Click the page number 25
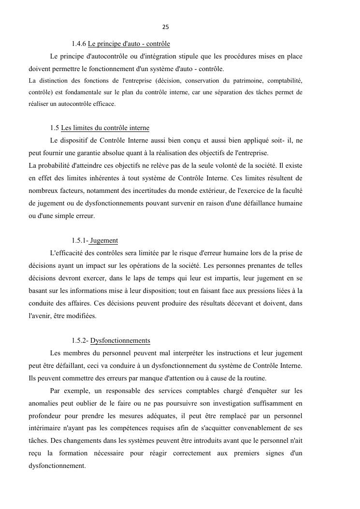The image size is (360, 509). point(166,27)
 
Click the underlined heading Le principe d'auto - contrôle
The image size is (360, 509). point(129,44)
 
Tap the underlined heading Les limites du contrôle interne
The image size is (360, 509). point(105,128)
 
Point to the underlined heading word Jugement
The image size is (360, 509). point(104,241)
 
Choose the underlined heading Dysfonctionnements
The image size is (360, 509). point(120,340)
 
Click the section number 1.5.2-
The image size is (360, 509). point(80,340)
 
